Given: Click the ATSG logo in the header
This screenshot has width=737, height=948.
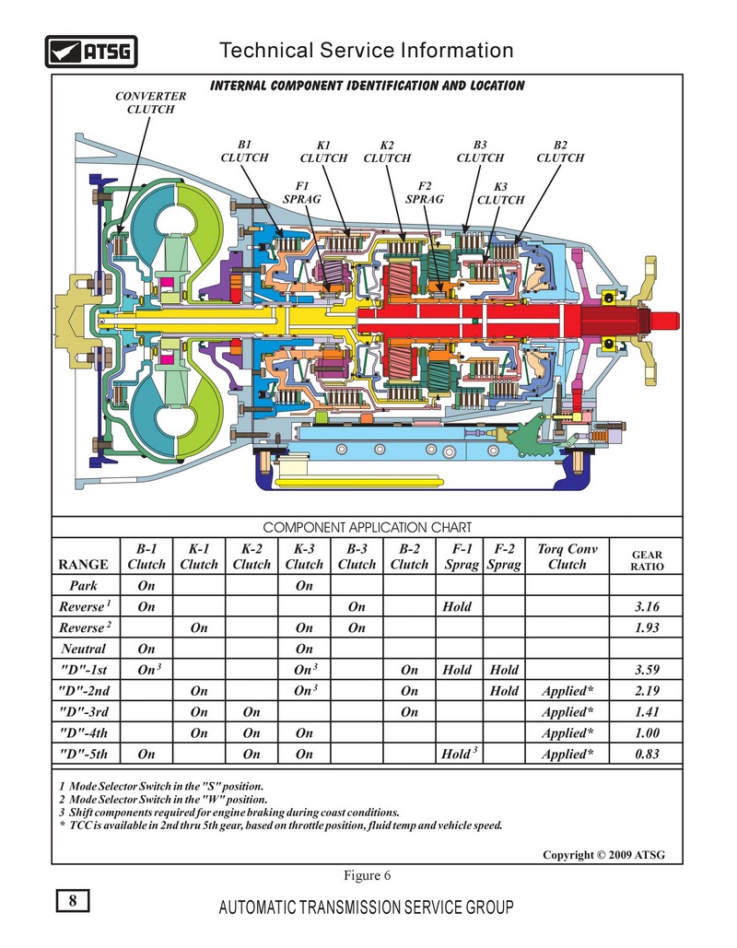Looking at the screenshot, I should coord(91,51).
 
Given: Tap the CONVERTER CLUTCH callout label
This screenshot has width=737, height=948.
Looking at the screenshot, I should coord(150,102).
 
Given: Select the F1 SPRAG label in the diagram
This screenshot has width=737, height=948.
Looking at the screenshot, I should coord(302,192).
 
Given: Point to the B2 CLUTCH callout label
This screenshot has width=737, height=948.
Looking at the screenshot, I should coord(560,151).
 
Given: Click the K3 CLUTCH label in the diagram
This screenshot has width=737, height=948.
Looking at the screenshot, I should coord(502,193).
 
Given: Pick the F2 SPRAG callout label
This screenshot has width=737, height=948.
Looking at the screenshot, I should coord(425,192).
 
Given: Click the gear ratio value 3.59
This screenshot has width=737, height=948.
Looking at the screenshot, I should coord(646,670).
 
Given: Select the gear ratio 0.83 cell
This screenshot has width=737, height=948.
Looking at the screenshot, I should coord(646,755).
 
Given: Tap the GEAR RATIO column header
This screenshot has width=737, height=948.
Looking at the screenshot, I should coord(646,560).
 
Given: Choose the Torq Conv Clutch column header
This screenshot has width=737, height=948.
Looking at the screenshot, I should coord(567,556).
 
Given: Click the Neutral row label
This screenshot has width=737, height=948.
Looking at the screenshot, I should coord(84,649).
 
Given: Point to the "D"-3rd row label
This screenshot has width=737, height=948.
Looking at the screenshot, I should coord(84,712).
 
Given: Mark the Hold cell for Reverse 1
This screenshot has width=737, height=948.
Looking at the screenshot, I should coord(457,607).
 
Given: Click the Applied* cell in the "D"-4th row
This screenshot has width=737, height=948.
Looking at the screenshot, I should coord(567,733).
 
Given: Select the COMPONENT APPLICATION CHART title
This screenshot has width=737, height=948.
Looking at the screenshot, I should coord(367,528).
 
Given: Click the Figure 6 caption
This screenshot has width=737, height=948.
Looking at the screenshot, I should coord(367,874).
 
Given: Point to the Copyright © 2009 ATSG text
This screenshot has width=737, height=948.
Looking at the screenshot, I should coord(603,855).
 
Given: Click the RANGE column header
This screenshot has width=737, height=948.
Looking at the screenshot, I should coord(84,564).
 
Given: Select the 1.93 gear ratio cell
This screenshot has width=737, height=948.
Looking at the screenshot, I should coord(646,627).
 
